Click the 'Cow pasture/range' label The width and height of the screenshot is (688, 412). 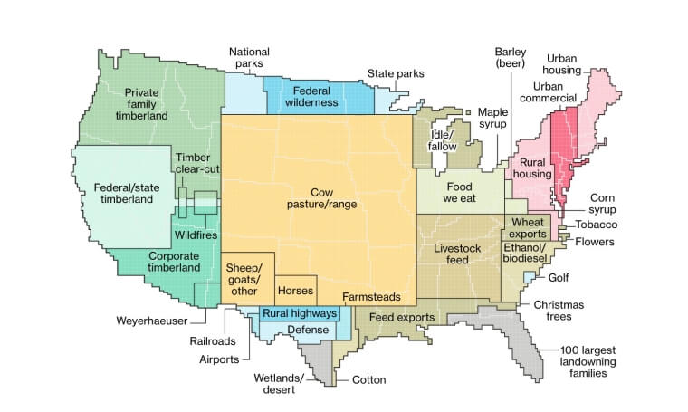point(320,198)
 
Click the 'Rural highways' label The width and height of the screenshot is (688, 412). point(299,314)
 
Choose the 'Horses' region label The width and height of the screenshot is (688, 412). point(295,292)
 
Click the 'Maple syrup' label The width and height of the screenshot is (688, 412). point(493,118)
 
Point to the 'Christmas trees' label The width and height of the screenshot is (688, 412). point(559,311)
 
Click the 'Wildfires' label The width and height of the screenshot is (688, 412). point(196,235)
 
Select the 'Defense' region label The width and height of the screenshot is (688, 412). point(308,330)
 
